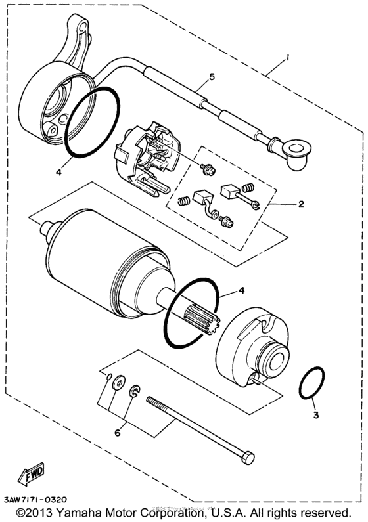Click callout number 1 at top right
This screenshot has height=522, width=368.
[x=287, y=58]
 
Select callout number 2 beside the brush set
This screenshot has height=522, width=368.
[x=301, y=204]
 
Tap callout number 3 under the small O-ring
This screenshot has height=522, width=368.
[x=315, y=416]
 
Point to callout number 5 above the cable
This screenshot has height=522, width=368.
[x=212, y=77]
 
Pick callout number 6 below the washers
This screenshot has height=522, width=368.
[x=118, y=433]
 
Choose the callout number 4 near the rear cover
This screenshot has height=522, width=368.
[x=59, y=173]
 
